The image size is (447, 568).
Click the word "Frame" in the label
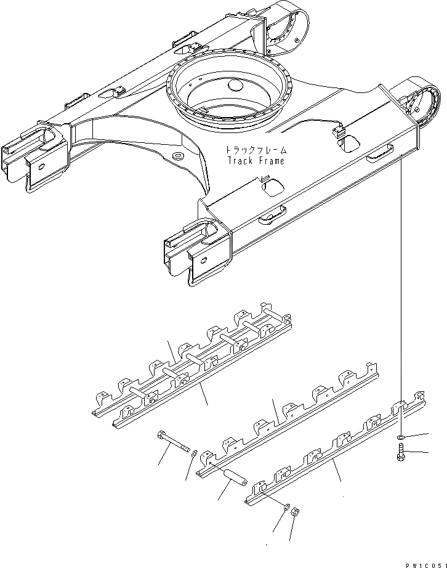[272, 161]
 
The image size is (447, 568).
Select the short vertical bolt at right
[400, 458]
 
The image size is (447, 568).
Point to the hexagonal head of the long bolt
[161, 436]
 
